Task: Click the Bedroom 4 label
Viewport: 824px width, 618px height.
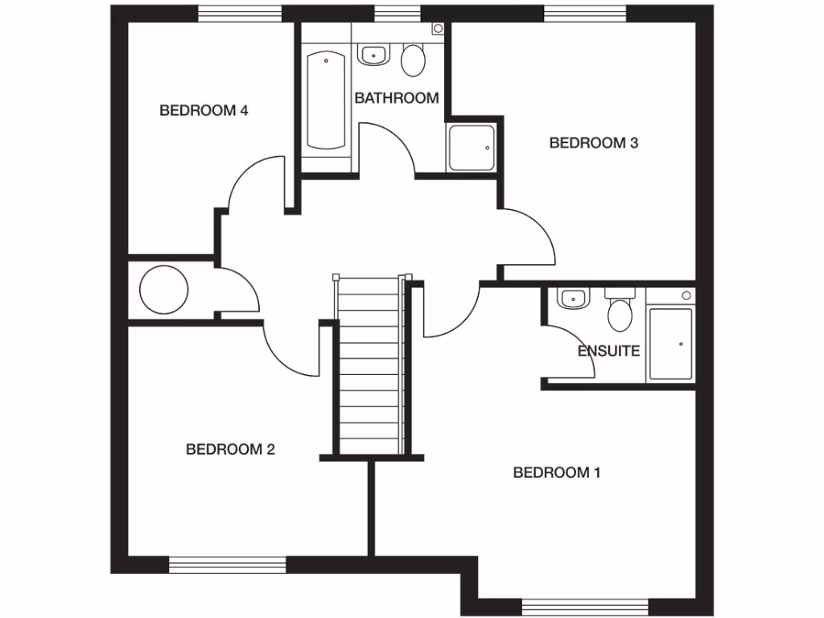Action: pos(204,111)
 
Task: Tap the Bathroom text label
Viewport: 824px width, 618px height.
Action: pos(397,98)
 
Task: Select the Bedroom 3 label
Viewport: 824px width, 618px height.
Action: pos(593,143)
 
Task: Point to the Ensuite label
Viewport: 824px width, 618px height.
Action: pos(608,351)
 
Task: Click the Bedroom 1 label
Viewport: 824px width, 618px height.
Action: pos(557,472)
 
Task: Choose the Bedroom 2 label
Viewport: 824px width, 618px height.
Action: pos(230,449)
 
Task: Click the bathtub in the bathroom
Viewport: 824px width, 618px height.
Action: pos(326,101)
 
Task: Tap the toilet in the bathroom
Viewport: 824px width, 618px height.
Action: pos(414,60)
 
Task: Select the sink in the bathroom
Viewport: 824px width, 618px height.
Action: pos(373,56)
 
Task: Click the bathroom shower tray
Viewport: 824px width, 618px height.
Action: pos(472,147)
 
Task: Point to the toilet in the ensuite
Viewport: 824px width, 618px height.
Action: pos(620,312)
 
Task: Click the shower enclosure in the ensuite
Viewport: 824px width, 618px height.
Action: pos(670,344)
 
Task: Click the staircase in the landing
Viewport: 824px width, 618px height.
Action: pos(369,366)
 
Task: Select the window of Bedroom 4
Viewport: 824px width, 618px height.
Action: pos(240,13)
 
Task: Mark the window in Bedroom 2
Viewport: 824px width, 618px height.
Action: pos(228,564)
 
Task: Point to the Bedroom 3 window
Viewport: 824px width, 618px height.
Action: pos(585,13)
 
